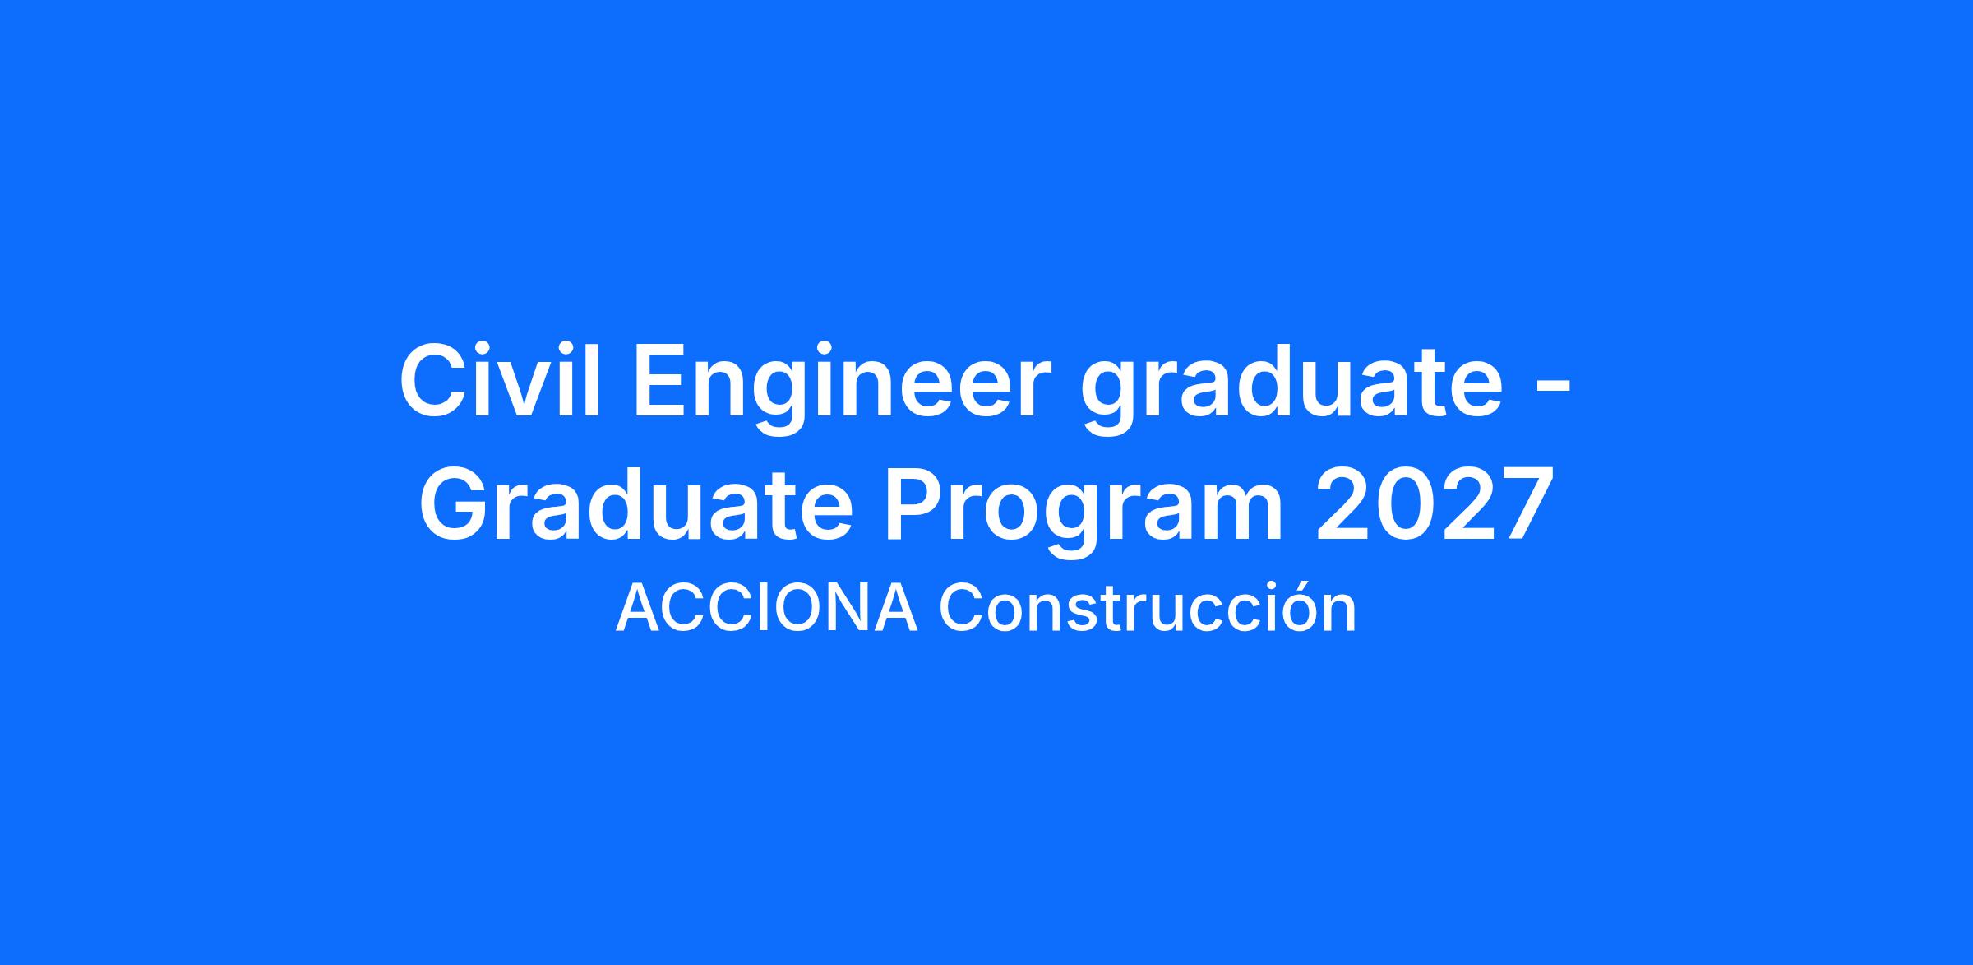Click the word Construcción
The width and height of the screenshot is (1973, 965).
click(x=1148, y=607)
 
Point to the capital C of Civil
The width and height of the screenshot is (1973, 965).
click(x=433, y=383)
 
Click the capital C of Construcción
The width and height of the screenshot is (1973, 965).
click(x=963, y=610)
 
